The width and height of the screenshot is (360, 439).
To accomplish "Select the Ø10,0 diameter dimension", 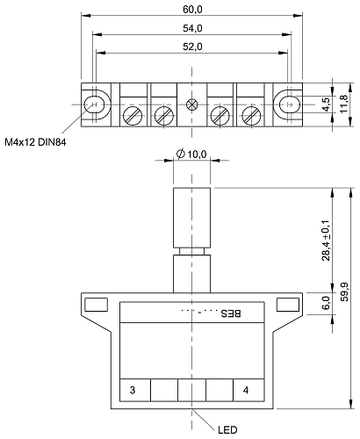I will [x=191, y=155].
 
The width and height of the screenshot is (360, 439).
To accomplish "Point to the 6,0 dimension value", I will [x=327, y=303].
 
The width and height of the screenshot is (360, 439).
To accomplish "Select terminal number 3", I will [x=133, y=389].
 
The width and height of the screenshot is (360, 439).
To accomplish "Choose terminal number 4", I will [x=246, y=389].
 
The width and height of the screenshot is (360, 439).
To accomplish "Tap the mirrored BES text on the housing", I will [x=230, y=313].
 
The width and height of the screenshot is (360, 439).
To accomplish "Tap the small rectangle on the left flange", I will [x=96, y=304].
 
